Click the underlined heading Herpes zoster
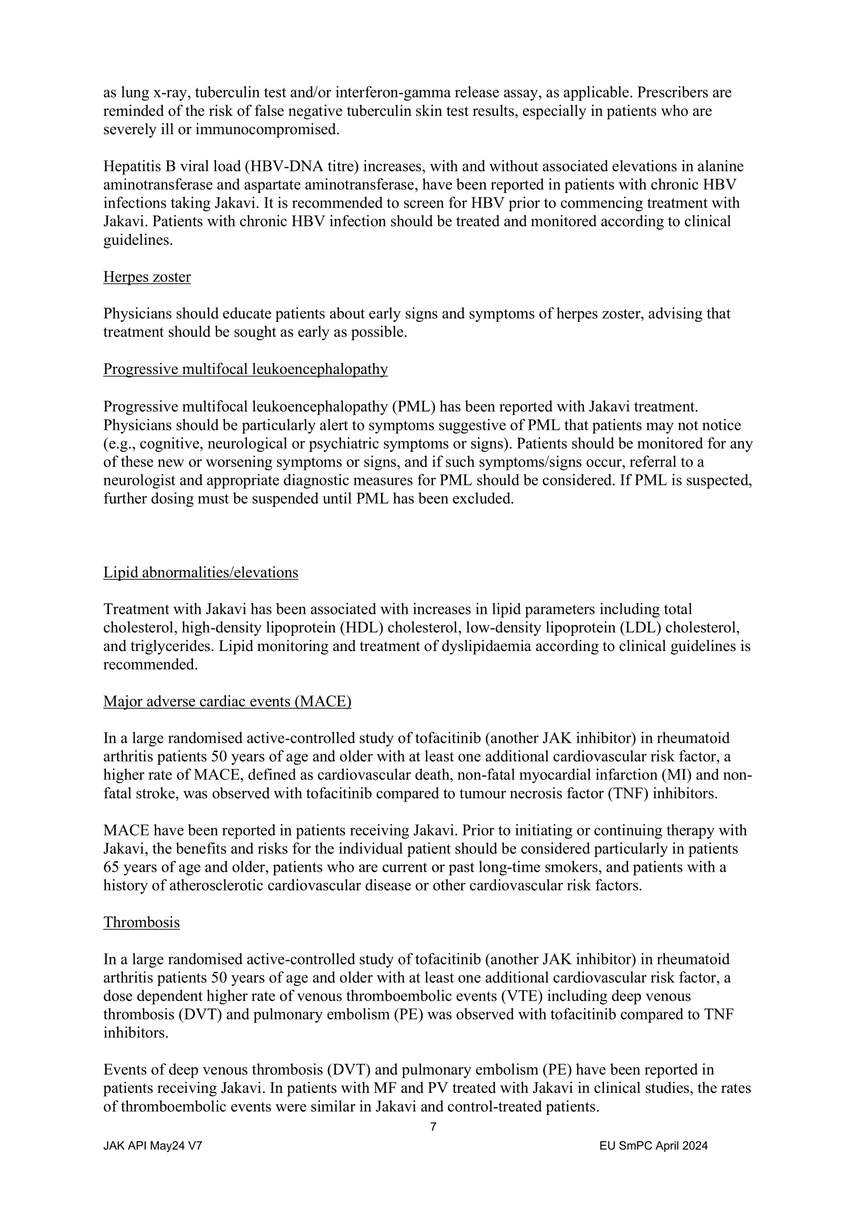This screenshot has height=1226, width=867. (x=147, y=277)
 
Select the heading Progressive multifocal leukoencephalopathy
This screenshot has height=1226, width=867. (x=245, y=369)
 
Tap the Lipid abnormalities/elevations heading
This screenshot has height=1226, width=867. (x=200, y=572)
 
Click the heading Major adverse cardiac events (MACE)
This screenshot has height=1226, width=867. (x=227, y=701)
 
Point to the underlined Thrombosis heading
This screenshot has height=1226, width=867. (x=141, y=922)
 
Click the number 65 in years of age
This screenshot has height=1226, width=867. (x=112, y=867)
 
